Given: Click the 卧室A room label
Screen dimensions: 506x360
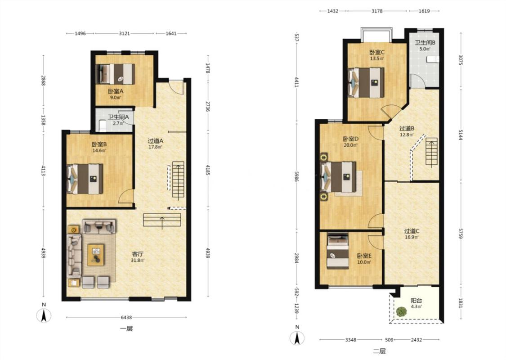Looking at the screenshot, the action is (116, 91).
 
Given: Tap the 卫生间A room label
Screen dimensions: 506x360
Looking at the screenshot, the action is (118, 117).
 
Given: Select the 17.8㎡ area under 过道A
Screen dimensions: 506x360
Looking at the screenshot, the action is (155, 147).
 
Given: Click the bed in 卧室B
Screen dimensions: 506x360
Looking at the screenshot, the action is (85, 179).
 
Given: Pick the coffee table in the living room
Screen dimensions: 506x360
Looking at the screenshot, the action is (96, 255).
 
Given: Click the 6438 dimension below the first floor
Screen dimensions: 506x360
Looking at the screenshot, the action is (126, 317).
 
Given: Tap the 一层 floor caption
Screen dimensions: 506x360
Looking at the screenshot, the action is (126, 329).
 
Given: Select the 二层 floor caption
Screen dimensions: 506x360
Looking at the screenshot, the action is (380, 351).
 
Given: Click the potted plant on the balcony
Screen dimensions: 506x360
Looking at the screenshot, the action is (402, 311).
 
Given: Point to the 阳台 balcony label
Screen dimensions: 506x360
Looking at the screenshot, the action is (416, 301).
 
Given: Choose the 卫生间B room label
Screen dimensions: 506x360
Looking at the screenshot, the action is (425, 43).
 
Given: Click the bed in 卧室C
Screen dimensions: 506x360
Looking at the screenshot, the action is (366, 83).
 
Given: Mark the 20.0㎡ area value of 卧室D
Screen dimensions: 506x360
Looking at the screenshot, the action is (350, 145).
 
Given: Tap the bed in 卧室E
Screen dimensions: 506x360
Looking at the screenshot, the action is (338, 251).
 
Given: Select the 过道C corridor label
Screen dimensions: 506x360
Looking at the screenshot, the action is (412, 231).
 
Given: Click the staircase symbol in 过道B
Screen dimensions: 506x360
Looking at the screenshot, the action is (431, 152).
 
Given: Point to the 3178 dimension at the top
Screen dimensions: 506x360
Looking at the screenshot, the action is (377, 11).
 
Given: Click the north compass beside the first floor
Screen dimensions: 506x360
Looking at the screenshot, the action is (44, 315).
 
